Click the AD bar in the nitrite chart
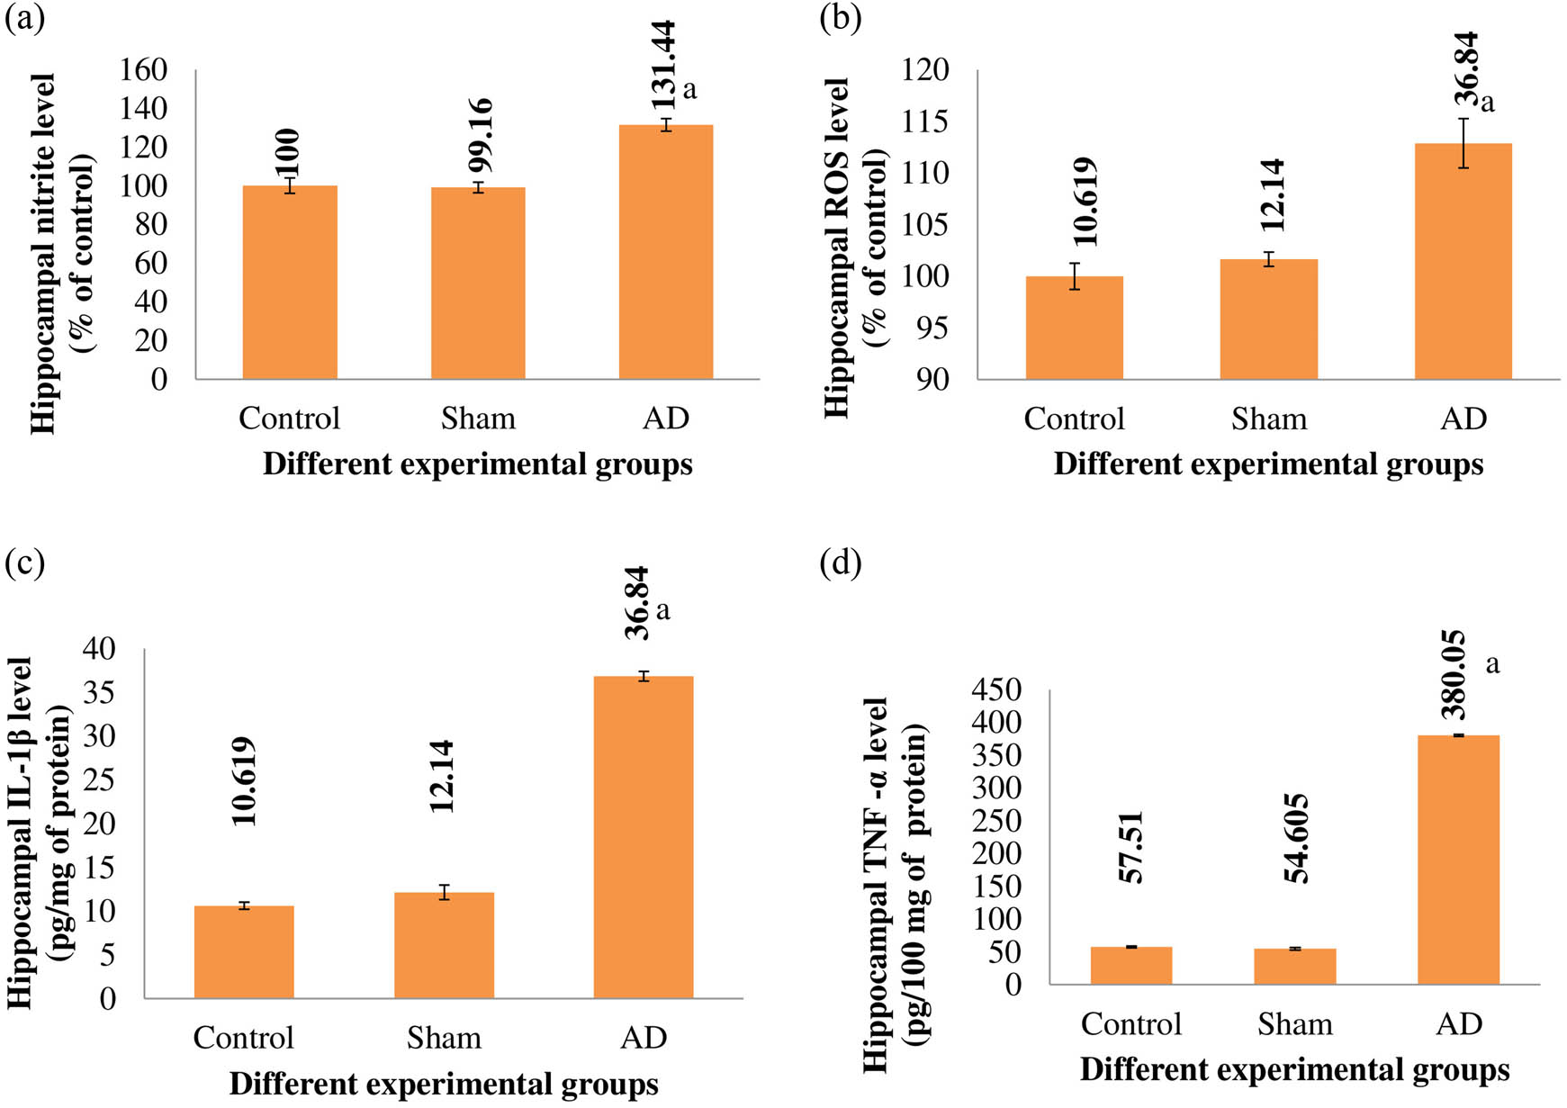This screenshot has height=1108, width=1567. point(665,252)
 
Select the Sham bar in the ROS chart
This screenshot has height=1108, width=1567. point(1268,320)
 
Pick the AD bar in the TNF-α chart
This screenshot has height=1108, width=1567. point(1458,860)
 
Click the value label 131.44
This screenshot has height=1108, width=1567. point(664,65)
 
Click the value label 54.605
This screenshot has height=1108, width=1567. point(1295,839)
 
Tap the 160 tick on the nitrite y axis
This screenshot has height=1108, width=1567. point(143,69)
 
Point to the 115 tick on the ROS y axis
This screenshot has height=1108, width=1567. point(925,122)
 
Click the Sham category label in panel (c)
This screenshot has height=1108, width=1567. point(444,1038)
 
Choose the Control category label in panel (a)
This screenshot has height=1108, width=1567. point(289,419)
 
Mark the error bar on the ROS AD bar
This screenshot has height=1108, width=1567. point(1463,143)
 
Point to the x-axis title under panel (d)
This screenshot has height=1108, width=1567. point(1294,1069)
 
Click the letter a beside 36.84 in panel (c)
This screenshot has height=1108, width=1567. point(663,611)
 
